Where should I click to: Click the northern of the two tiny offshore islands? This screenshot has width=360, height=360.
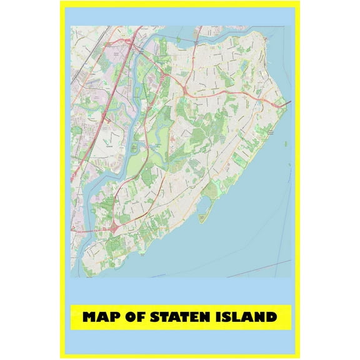(284, 144)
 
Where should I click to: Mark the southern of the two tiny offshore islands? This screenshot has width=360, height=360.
(289, 165)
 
